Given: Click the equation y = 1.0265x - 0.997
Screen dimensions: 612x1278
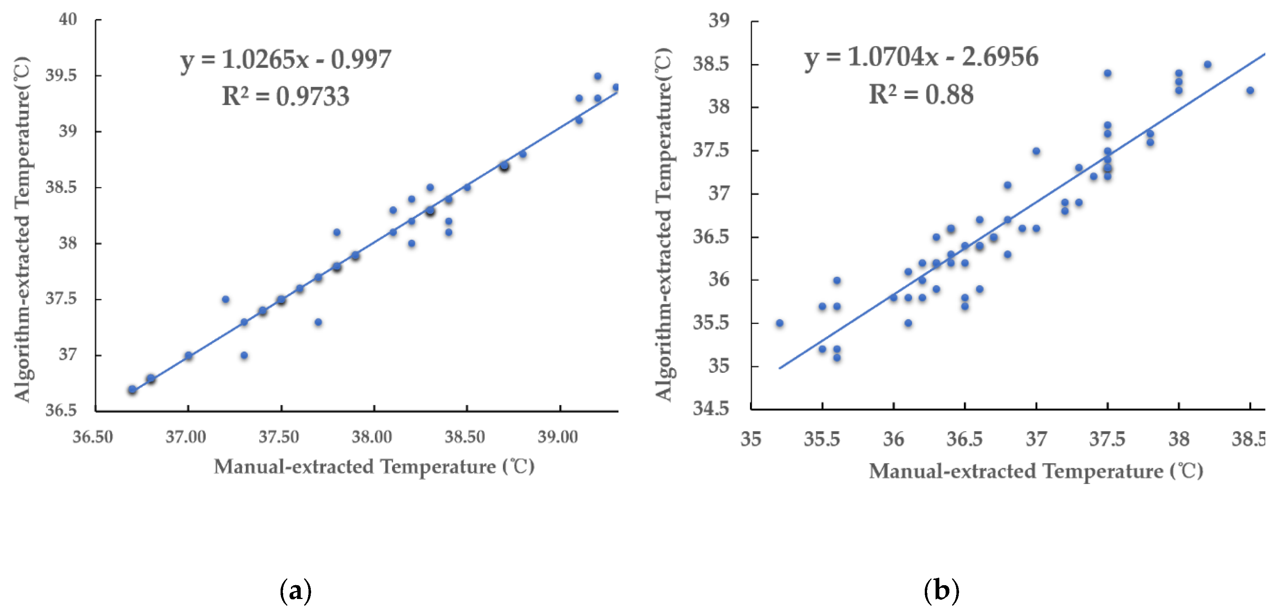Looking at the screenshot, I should (286, 60).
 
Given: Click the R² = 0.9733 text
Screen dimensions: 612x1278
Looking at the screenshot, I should (286, 96).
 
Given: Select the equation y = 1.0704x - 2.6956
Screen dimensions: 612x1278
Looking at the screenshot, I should (921, 57).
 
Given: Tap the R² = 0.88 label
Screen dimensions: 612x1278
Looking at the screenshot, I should (921, 94).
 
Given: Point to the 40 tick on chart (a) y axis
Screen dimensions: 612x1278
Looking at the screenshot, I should (68, 20).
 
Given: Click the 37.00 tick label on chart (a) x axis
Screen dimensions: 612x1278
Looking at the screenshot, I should (186, 437).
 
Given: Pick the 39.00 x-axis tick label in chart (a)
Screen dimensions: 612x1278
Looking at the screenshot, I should (558, 437).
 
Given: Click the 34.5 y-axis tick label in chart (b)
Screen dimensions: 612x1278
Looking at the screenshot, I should (711, 409).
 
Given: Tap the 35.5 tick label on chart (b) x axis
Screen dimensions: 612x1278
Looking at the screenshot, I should (822, 439).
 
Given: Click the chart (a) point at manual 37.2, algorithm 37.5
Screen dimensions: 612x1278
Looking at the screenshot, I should (226, 299).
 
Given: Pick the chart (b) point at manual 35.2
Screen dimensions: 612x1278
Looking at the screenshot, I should (779, 323).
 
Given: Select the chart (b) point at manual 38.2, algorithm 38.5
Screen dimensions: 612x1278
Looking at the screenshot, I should (1208, 65).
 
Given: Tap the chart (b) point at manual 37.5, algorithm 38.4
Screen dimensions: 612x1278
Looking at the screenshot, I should (1107, 73).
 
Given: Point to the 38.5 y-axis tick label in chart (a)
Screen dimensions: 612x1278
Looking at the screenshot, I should (61, 187).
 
